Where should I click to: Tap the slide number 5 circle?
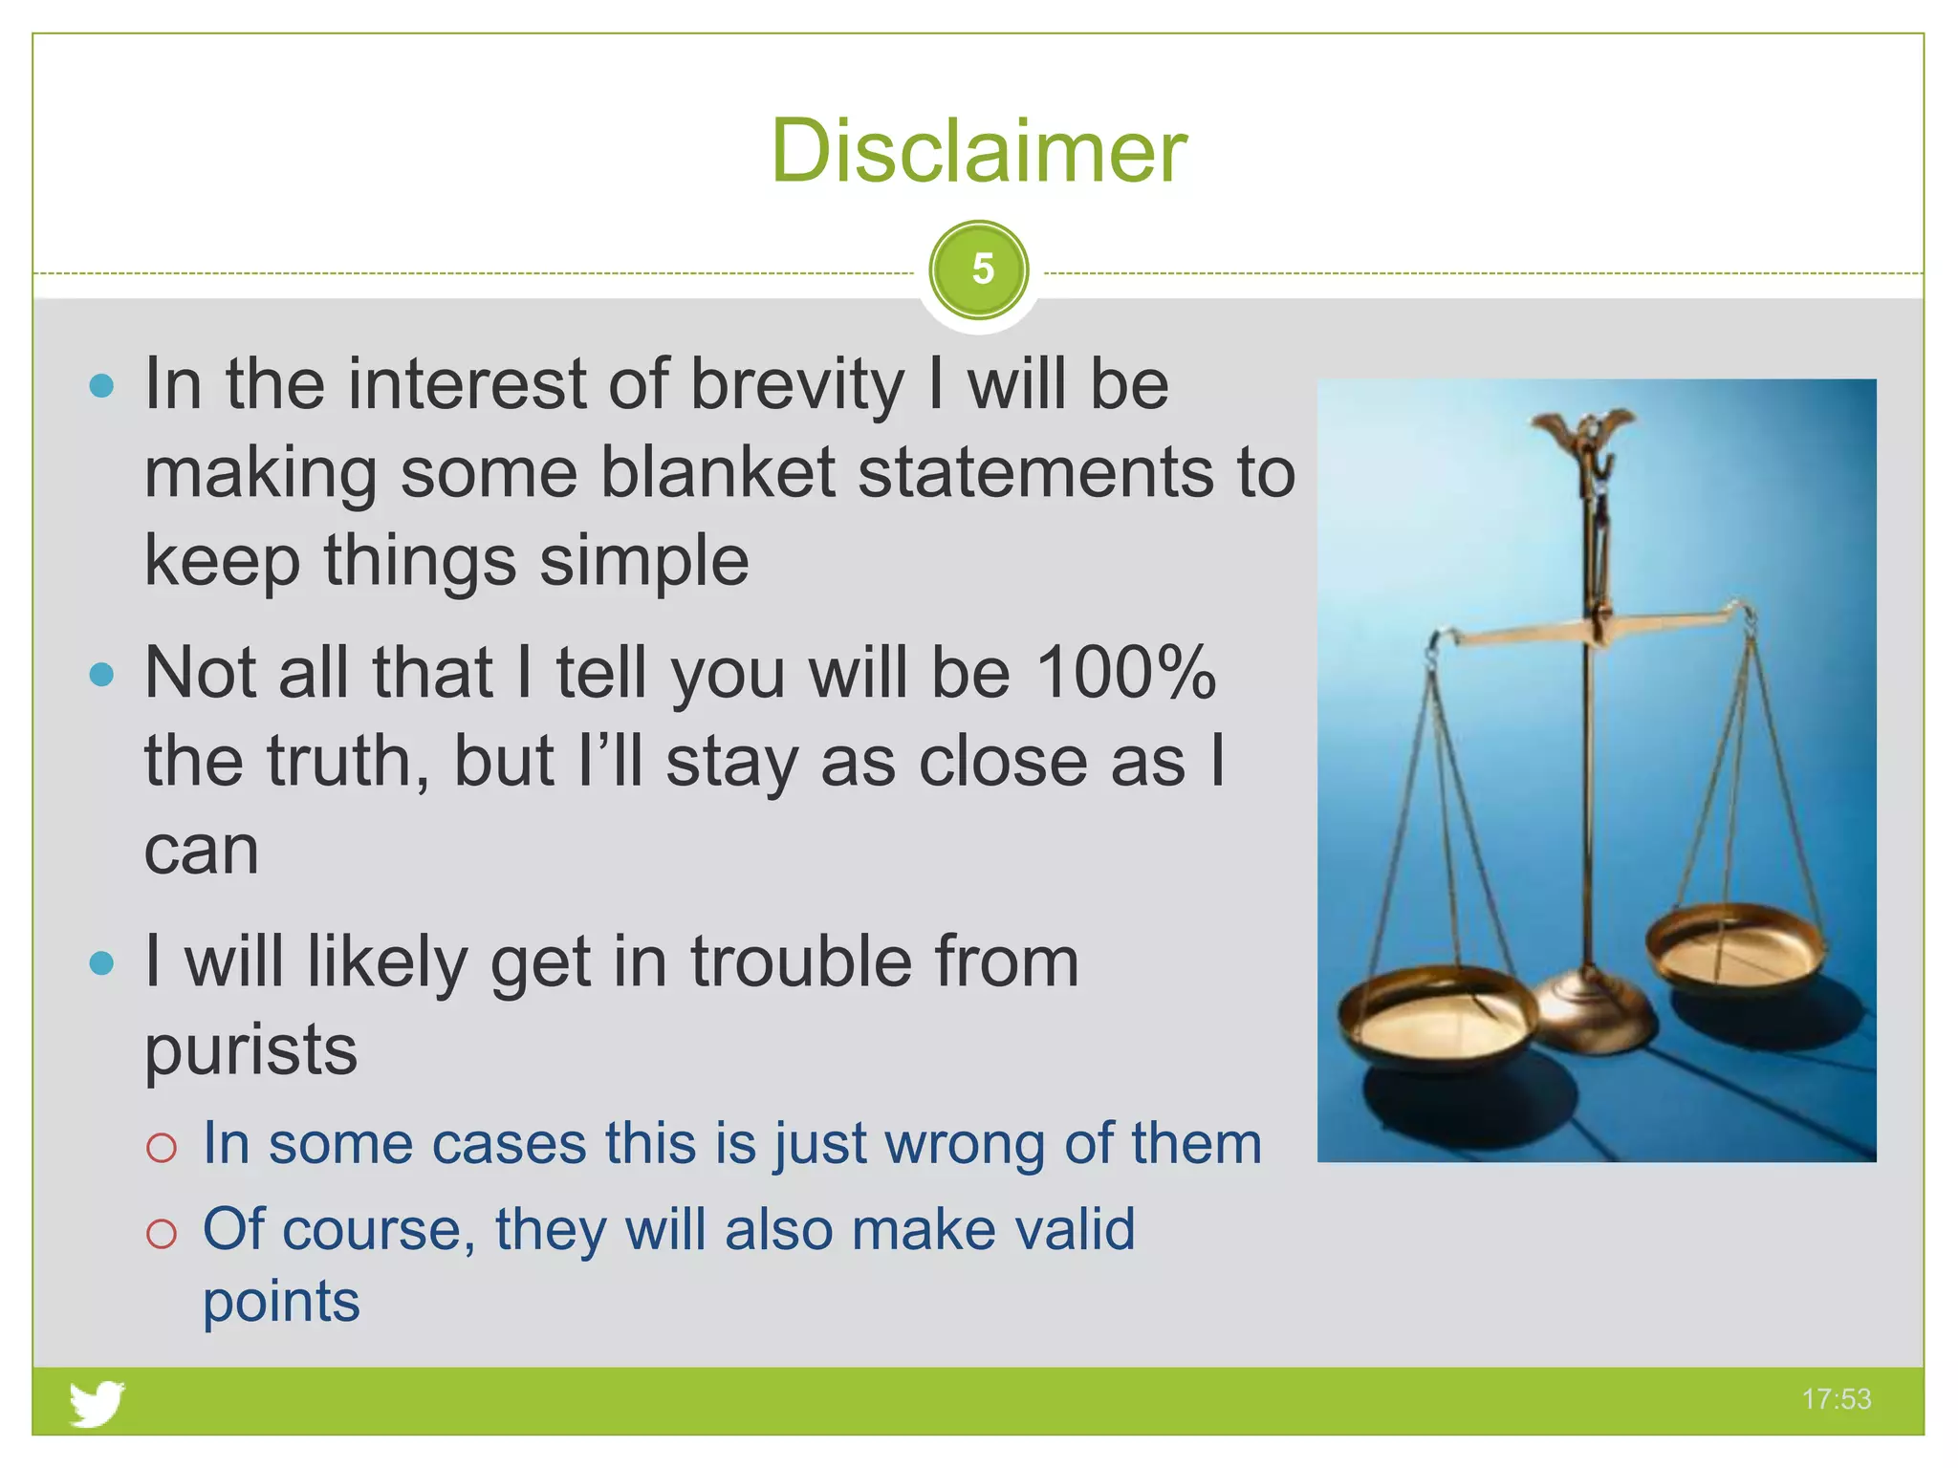click(979, 270)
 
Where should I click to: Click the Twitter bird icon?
click(97, 1402)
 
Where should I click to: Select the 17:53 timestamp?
click(1836, 1399)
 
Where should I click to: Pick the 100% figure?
click(1125, 673)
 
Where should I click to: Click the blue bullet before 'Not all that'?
click(101, 675)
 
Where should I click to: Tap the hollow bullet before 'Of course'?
click(162, 1234)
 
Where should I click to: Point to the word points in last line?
click(281, 1302)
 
